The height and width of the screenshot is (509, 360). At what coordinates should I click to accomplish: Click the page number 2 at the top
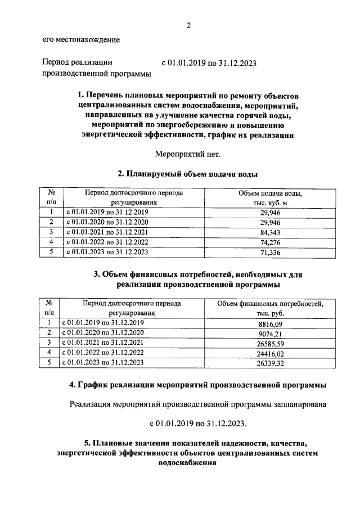pyautogui.click(x=188, y=25)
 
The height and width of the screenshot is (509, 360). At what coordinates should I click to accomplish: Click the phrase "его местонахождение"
pyautogui.click(x=80, y=40)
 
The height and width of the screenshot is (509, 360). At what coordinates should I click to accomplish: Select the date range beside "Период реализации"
pyautogui.click(x=209, y=64)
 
